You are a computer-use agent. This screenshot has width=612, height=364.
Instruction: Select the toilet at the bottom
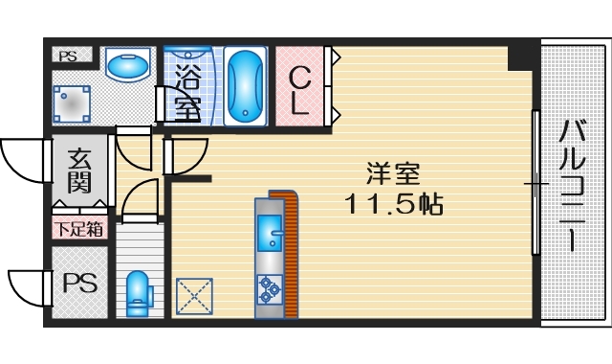coord(139,290)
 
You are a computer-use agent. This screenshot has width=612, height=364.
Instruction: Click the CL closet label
coord(300,88)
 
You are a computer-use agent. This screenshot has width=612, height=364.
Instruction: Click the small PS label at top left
coord(68,57)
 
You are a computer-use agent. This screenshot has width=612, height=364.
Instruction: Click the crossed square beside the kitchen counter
coord(195,294)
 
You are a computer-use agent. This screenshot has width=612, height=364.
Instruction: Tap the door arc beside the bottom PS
coord(26,285)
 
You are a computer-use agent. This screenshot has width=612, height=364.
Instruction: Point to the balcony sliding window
coord(536,182)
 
